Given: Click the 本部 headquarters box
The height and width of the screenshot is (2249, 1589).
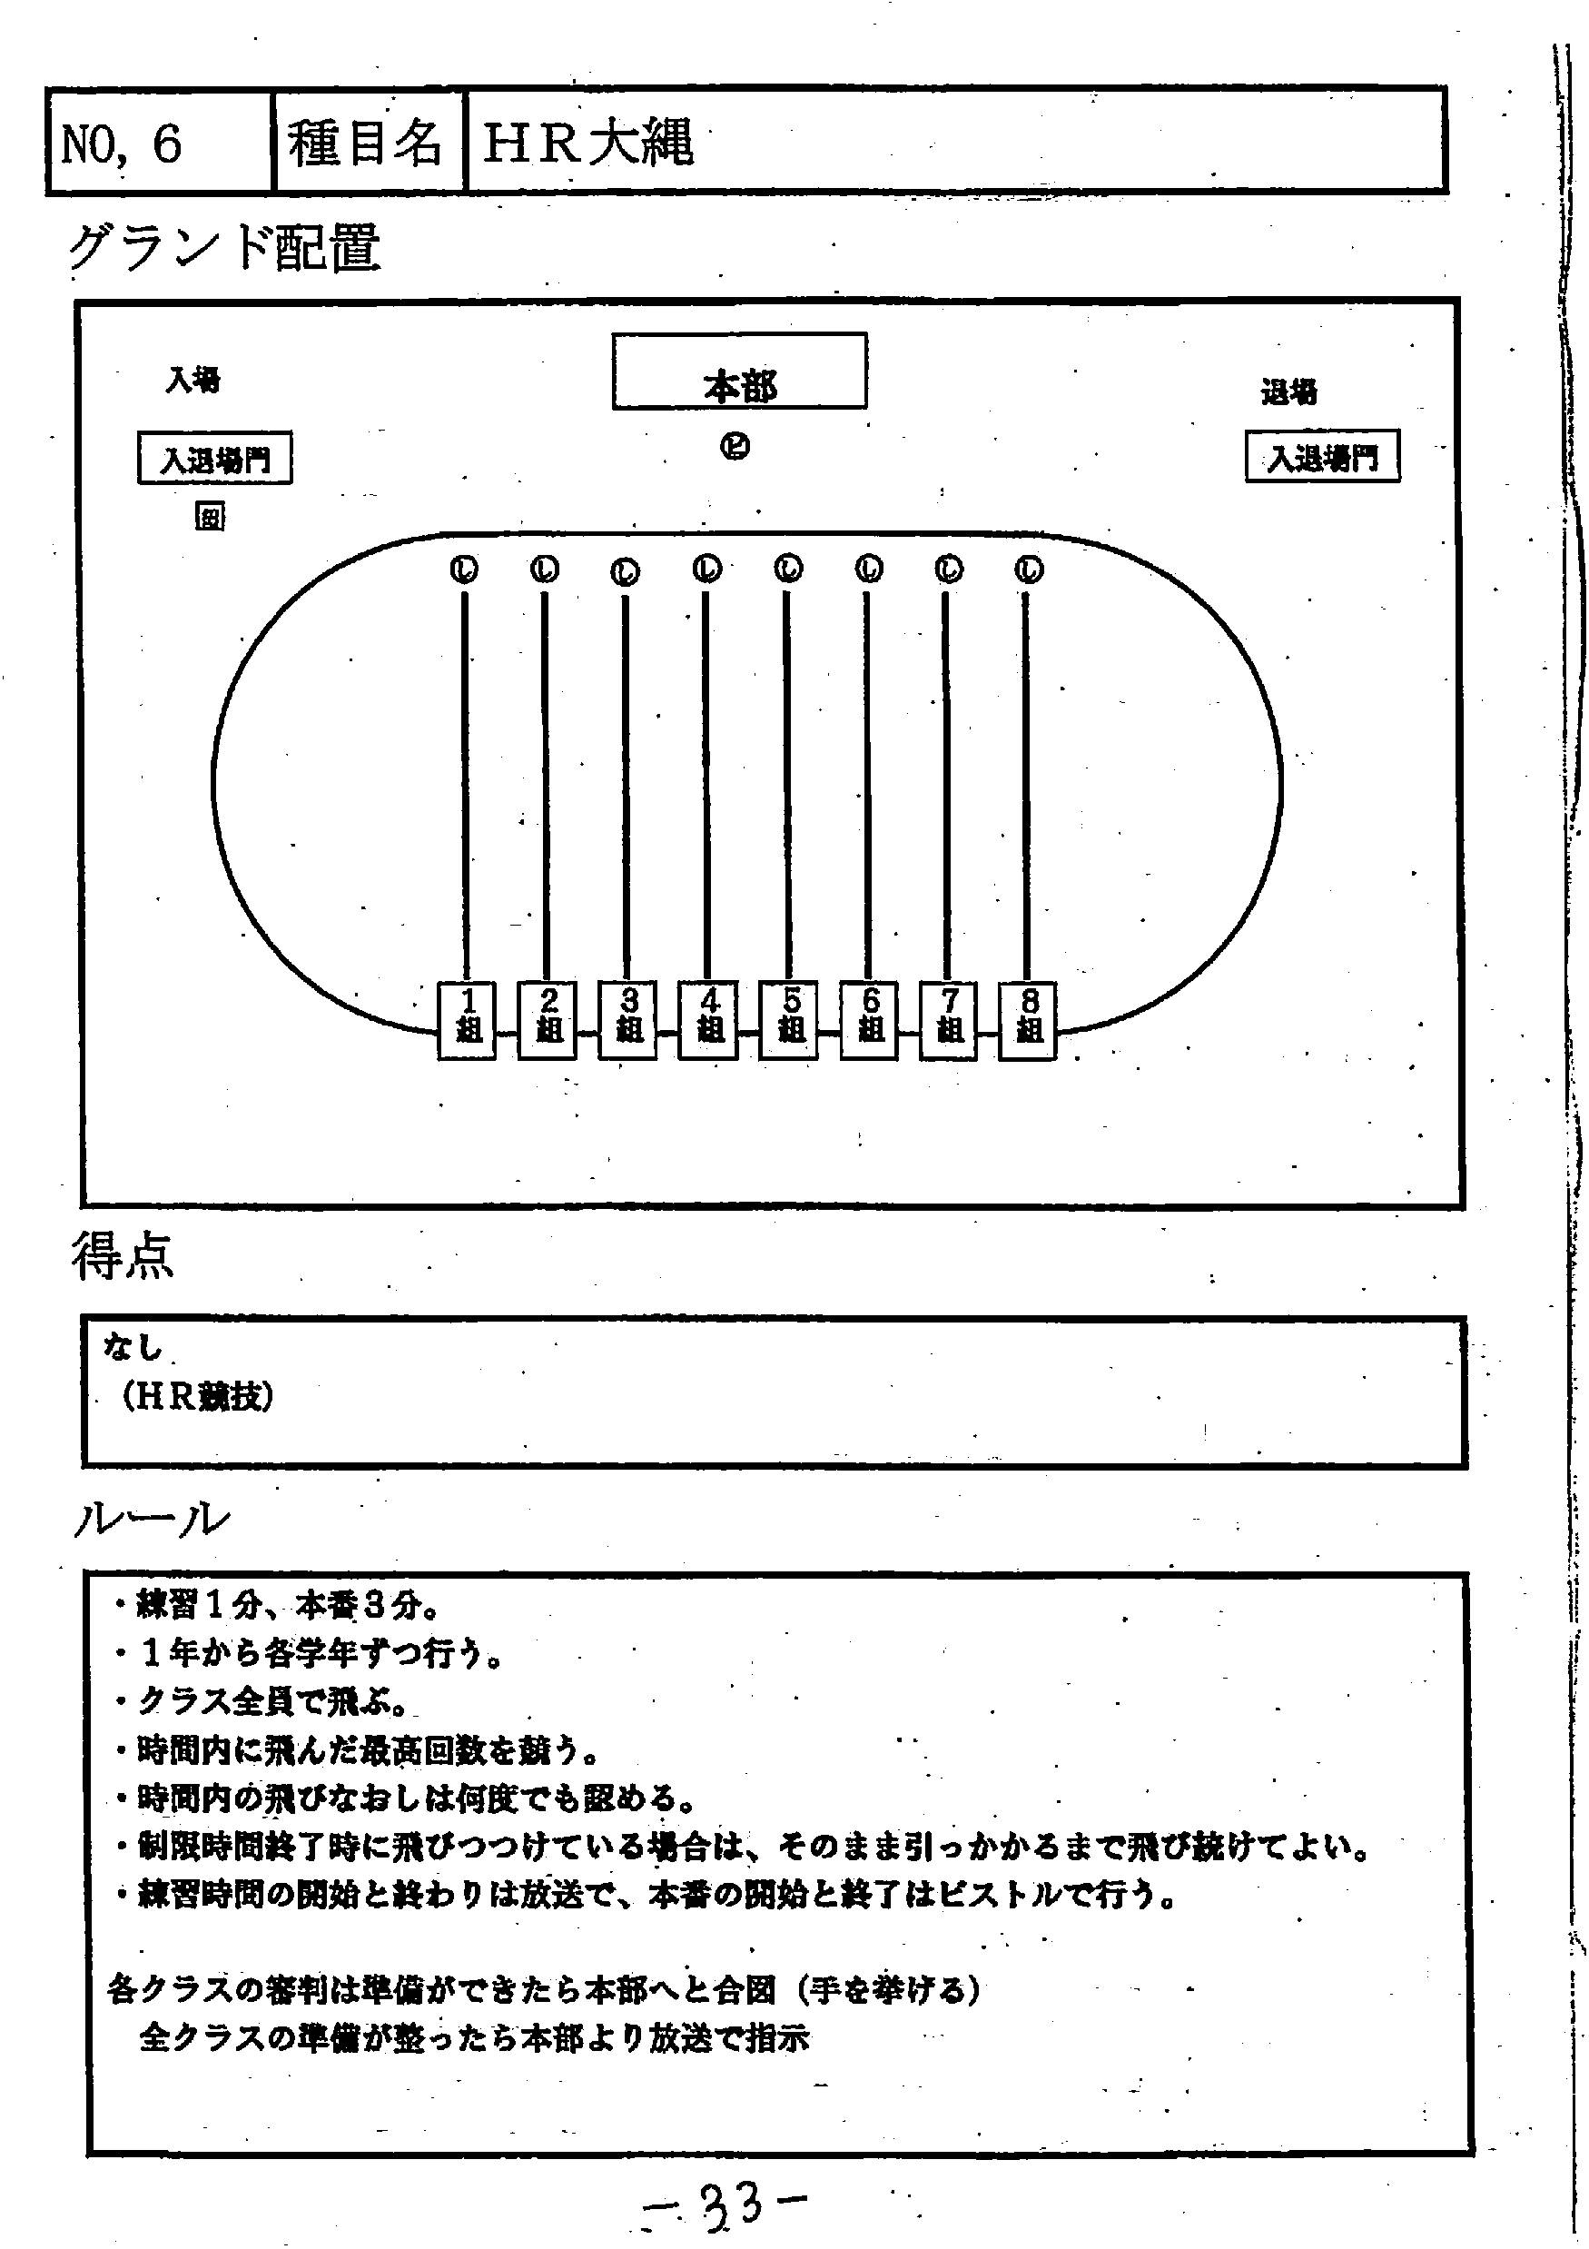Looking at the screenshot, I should pyautogui.click(x=739, y=372).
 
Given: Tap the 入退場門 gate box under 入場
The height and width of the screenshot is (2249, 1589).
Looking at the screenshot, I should pyautogui.click(x=214, y=459).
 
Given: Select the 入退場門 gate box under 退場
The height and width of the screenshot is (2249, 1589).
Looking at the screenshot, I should pyautogui.click(x=1322, y=458).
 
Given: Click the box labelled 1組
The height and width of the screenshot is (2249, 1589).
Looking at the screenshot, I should pyautogui.click(x=466, y=1021).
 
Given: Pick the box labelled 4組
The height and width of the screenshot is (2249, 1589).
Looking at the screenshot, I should pyautogui.click(x=709, y=1021).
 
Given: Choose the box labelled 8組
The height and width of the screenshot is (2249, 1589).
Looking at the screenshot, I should pyautogui.click(x=1027, y=1021).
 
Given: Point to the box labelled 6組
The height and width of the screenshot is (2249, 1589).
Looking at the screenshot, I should pyautogui.click(x=869, y=1021).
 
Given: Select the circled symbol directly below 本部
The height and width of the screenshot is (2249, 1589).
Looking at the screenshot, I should pyautogui.click(x=735, y=448).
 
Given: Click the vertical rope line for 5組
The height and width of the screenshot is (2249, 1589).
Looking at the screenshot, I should pyautogui.click(x=786, y=784).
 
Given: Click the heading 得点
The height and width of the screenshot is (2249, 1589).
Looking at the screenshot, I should pyautogui.click(x=122, y=1256).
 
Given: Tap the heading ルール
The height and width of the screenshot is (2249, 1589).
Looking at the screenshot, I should pyautogui.click(x=152, y=1520).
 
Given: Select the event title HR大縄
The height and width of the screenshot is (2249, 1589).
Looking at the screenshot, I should pyautogui.click(x=588, y=143).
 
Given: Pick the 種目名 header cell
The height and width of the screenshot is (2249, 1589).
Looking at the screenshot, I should pyautogui.click(x=364, y=143).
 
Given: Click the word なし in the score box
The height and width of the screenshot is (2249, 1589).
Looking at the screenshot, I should pyautogui.click(x=133, y=1348).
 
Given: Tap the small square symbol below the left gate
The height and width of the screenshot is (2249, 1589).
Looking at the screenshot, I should pyautogui.click(x=211, y=516).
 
